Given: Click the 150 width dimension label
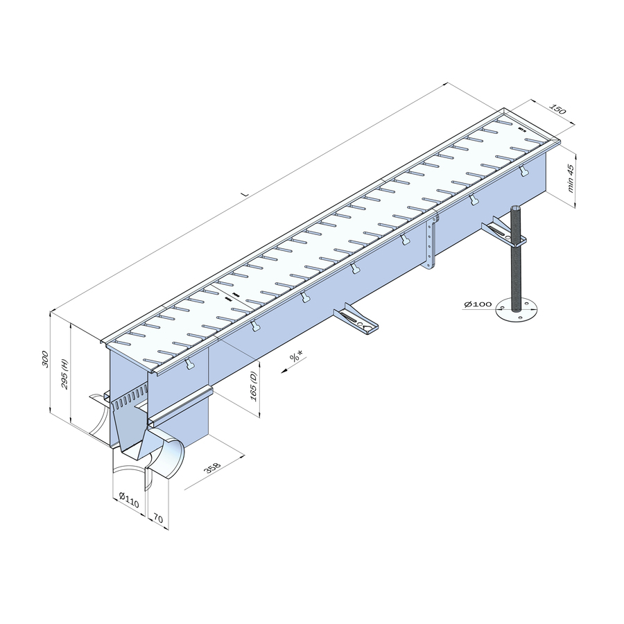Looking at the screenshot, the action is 557,109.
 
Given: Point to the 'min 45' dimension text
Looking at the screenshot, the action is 571,179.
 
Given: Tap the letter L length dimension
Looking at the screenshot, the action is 246,194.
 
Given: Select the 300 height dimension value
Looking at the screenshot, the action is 45,359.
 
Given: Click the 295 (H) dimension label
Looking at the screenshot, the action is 65,374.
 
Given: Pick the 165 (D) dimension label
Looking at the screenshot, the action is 254,387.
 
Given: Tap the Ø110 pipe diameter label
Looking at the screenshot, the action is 129,501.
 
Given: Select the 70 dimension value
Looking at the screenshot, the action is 157,519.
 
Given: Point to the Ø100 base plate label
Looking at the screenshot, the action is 478,304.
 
